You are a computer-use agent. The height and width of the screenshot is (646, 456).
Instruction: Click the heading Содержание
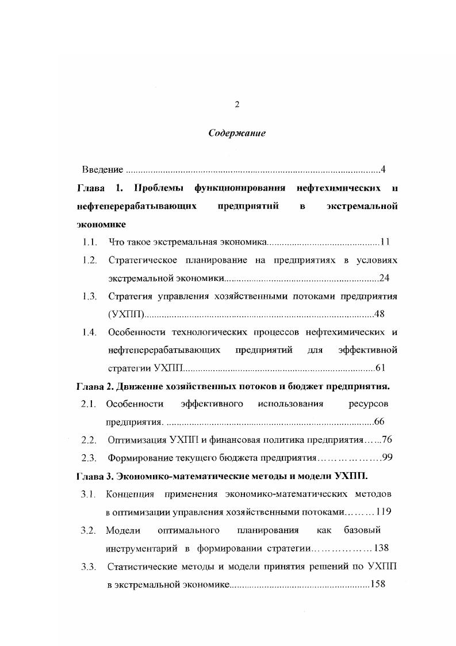[236, 134]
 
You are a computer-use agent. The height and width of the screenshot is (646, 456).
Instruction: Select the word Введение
[102, 170]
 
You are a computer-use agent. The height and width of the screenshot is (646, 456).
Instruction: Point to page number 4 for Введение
[382, 170]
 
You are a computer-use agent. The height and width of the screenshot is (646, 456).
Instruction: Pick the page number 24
[385, 279]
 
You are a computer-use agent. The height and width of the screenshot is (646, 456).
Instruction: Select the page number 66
[379, 422]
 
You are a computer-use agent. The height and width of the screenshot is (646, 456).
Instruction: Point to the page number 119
[384, 512]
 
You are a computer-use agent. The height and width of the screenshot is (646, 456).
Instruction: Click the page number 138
[382, 548]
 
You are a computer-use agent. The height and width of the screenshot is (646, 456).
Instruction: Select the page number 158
[378, 584]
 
